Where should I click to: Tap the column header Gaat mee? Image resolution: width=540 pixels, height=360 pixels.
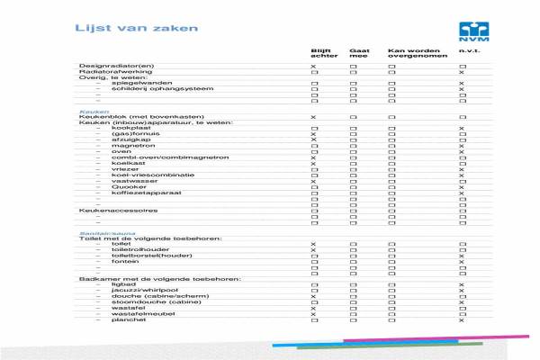tap(359, 54)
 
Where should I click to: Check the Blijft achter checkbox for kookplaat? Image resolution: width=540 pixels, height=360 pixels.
tap(313, 129)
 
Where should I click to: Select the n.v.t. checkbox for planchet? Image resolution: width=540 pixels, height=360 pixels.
tap(462, 320)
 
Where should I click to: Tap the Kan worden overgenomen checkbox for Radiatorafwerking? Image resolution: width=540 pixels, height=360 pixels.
tap(391, 73)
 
